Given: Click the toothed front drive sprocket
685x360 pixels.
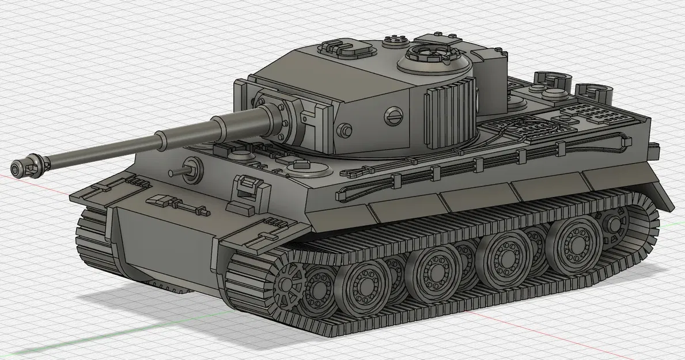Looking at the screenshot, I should (287, 285).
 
